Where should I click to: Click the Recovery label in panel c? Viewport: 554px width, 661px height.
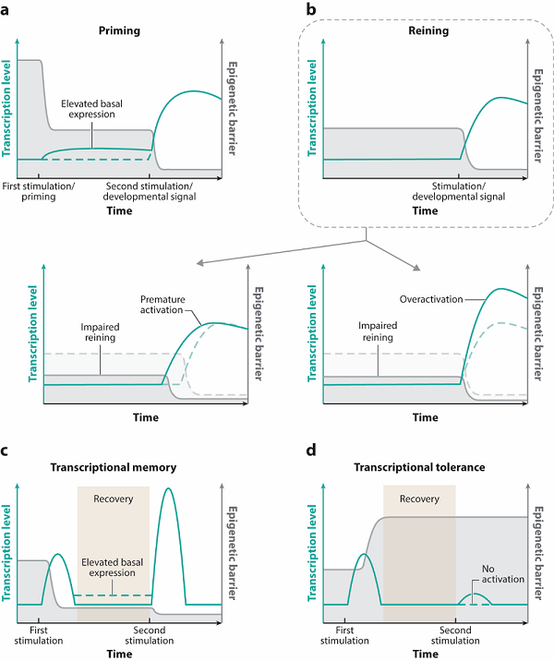click(114, 499)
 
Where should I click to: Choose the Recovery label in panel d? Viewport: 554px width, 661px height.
click(420, 499)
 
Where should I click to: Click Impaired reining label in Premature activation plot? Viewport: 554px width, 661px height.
click(102, 331)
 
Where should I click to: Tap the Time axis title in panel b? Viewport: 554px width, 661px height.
click(425, 211)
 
